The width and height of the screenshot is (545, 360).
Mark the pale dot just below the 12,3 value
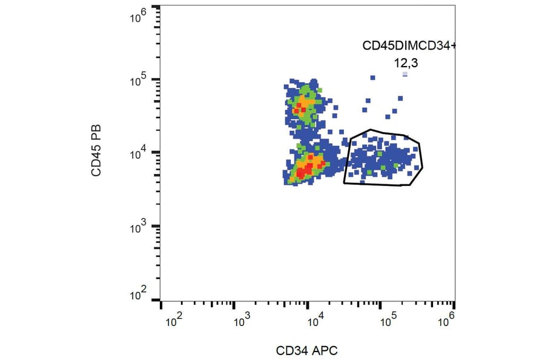point(405,74)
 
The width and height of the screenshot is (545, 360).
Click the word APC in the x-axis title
point(325,350)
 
